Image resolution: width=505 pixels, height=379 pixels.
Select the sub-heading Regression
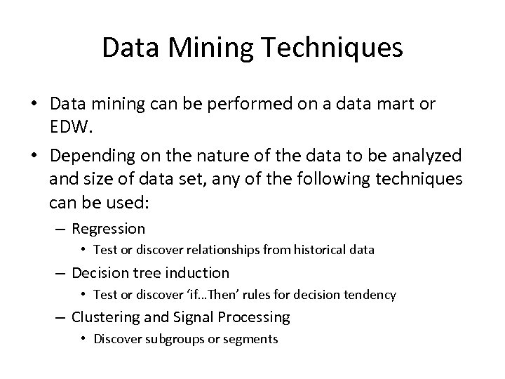pyautogui.click(x=109, y=229)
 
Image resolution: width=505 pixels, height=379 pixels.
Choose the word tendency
pyautogui.click(x=371, y=295)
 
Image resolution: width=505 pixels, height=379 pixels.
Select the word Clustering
pyautogui.click(x=105, y=317)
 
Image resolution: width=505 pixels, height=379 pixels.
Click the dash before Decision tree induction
pyautogui.click(x=61, y=272)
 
